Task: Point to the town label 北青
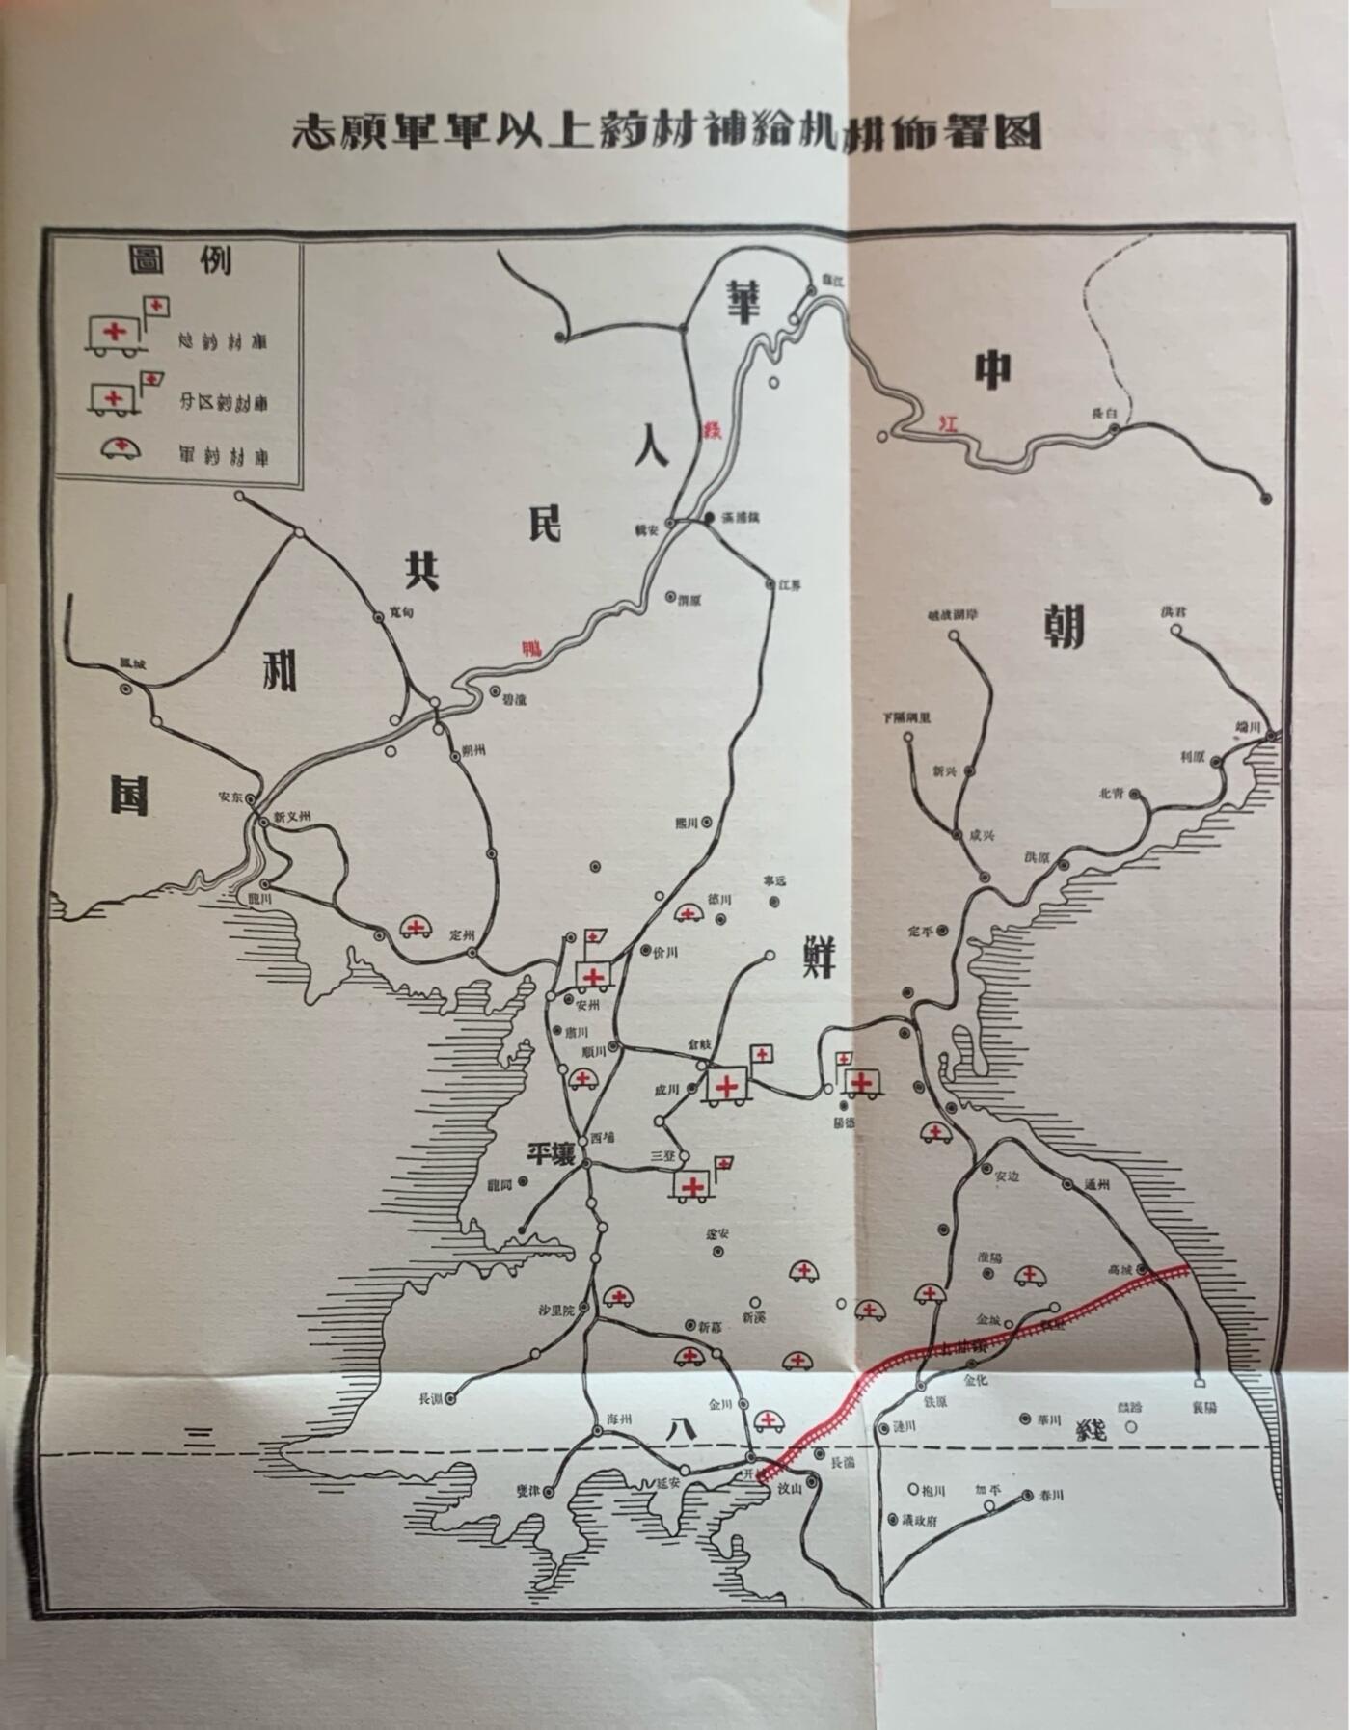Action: (1111, 794)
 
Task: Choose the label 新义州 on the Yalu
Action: (293, 816)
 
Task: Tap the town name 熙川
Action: (686, 823)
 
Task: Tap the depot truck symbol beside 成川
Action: (728, 1086)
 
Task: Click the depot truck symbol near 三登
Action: (691, 1184)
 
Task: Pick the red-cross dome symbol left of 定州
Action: (416, 929)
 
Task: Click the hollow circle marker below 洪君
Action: (1176, 630)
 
